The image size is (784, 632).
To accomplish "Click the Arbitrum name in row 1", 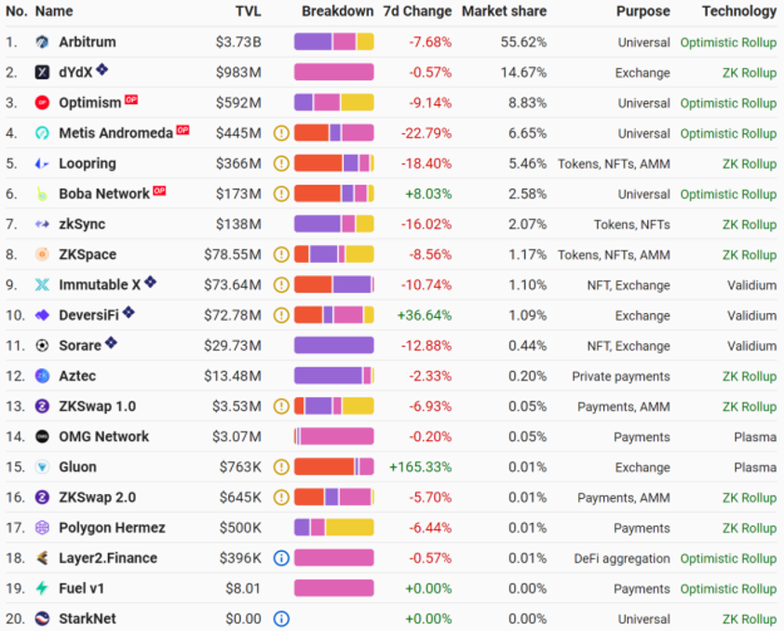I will pos(87,42).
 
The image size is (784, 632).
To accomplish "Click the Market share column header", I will pos(504,11).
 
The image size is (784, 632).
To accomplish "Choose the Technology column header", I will pos(738,11).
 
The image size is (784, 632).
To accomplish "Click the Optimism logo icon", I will pos(42,103).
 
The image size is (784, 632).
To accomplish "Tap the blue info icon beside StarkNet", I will pos(281,618).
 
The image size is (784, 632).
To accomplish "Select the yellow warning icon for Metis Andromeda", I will pos(281,133).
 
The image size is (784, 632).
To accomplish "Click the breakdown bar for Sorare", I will pos(333,346).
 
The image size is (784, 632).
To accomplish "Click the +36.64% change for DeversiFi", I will pos(424,315).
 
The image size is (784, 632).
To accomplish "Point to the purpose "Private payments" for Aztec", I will pos(621,377).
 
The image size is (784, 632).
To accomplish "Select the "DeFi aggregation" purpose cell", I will pos(621,558).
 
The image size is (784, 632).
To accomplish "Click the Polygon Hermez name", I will pos(112,528).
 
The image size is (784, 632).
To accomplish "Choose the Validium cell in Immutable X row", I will pos(751,285).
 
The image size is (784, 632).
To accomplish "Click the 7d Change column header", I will pos(417,11).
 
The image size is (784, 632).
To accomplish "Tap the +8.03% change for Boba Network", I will pos(427,194).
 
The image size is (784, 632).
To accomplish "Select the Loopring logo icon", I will pos(42,164).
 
